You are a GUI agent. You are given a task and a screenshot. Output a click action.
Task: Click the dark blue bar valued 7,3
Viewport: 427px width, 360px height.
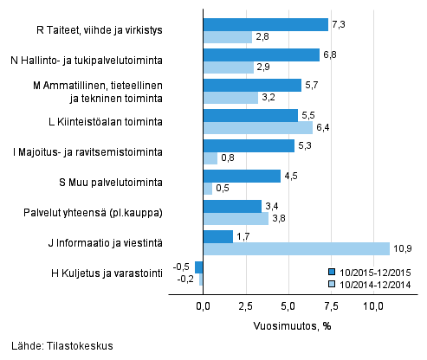click(265, 25)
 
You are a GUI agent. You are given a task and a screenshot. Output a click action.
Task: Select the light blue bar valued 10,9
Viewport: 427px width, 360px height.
click(296, 249)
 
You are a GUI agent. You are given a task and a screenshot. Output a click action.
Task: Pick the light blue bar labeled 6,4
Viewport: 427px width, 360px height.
click(257, 128)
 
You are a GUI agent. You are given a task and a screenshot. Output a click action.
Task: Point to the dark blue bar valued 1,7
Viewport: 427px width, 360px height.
click(217, 236)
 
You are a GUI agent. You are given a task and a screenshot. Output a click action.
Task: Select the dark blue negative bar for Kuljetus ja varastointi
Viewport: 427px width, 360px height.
click(198, 267)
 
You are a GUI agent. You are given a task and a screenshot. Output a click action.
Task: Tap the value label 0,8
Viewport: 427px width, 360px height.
click(229, 158)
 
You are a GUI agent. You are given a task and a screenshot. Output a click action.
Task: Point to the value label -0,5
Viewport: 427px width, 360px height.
click(182, 267)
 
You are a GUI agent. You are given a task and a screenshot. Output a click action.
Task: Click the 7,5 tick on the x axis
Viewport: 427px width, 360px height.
click(330, 306)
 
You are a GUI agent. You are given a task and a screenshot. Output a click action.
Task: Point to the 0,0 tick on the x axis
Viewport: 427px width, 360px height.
click(203, 306)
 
